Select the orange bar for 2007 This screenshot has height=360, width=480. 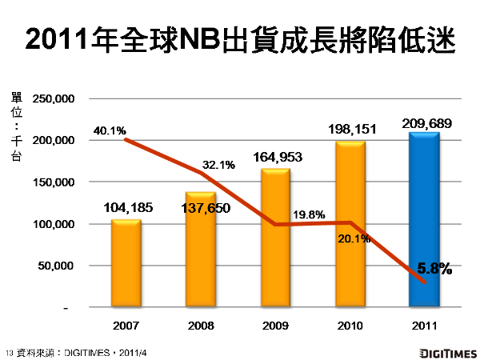coord(126,264)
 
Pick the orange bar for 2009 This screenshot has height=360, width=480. coord(275,240)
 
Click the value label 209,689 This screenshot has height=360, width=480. coord(424,123)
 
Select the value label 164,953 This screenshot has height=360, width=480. coord(275,158)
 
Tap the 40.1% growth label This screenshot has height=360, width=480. coord(110,130)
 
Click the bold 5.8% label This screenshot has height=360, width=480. coord(434,269)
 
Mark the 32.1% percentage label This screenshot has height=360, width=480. coord(218,166)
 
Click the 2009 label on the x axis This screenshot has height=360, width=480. coord(275,326)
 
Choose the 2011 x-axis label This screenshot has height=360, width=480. coord(424,326)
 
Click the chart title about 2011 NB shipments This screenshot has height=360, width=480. coord(240,39)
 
